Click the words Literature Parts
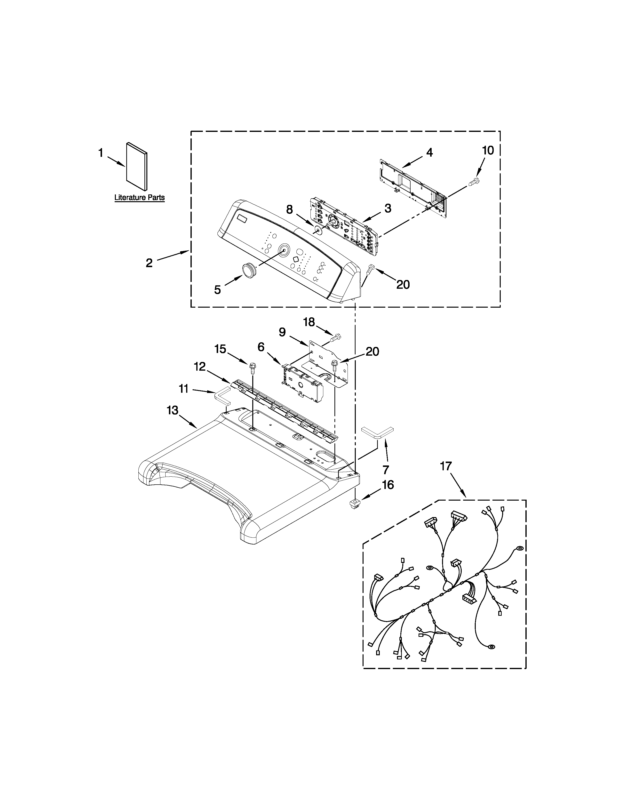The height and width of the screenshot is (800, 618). click(x=140, y=198)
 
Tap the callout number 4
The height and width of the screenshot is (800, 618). click(x=429, y=152)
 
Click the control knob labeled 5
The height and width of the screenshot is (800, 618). click(x=249, y=270)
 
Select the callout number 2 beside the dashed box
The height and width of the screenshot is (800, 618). click(x=149, y=263)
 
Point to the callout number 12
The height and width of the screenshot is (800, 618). click(x=200, y=366)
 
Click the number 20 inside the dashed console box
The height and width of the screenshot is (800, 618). click(x=403, y=284)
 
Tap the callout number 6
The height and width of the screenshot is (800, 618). click(x=261, y=347)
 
